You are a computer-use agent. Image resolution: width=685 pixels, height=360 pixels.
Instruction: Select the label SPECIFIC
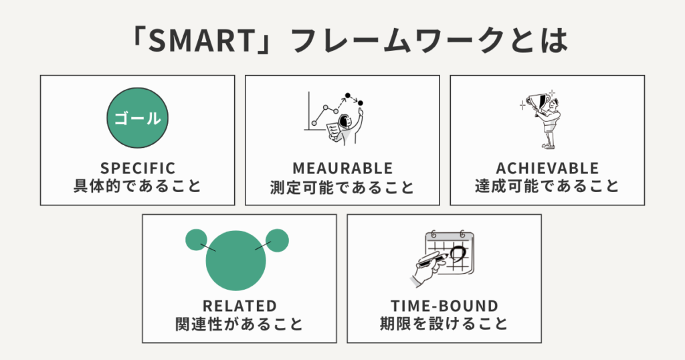[x=137, y=168]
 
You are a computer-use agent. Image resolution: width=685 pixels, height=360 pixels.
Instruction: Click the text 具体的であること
[x=137, y=186]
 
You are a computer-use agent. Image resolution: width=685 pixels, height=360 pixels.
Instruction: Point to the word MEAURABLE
[x=342, y=168]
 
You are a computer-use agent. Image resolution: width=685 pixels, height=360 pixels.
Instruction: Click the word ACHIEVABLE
[x=547, y=168]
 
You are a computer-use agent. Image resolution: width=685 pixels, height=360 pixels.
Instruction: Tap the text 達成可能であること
[x=547, y=186]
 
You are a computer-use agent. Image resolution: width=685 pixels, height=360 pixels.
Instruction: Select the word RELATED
[x=239, y=306]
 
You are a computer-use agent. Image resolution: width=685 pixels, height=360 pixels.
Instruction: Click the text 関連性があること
[x=239, y=325]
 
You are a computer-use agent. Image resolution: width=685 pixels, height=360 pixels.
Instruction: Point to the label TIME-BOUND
[x=445, y=306]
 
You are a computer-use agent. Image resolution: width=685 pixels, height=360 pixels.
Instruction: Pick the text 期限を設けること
[x=445, y=325]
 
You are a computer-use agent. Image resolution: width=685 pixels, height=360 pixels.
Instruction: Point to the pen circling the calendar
[x=428, y=264]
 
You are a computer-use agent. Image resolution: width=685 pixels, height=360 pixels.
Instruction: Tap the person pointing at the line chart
[x=344, y=127]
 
